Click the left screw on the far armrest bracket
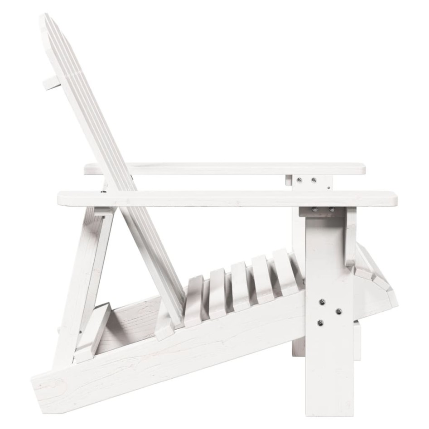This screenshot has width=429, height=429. pyautogui.click(x=299, y=180)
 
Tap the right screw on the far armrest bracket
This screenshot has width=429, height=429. pyautogui.click(x=313, y=180)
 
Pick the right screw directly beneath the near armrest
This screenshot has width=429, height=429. pyautogui.click(x=331, y=209)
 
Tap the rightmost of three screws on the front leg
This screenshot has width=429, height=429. pyautogui.click(x=338, y=311)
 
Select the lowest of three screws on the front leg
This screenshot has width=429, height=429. pyautogui.click(x=320, y=323)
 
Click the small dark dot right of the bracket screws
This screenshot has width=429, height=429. pyautogui.click(x=328, y=186)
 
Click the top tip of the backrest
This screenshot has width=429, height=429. pyautogui.click(x=45, y=17)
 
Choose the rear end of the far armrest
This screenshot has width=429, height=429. pyautogui.click(x=87, y=169)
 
